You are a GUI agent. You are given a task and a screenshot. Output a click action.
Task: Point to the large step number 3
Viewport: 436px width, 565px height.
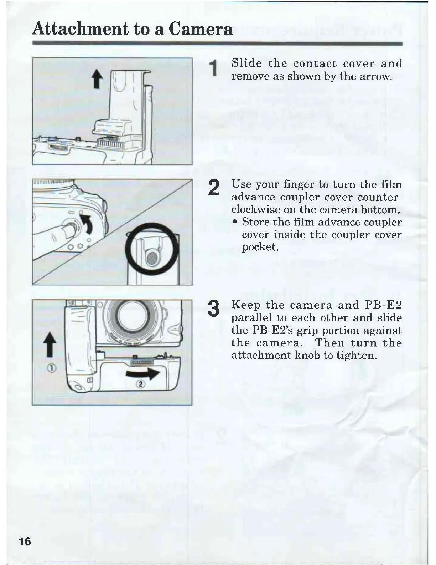[x=213, y=309]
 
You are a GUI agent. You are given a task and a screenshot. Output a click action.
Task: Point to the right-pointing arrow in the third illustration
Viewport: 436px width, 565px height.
[x=142, y=374]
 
